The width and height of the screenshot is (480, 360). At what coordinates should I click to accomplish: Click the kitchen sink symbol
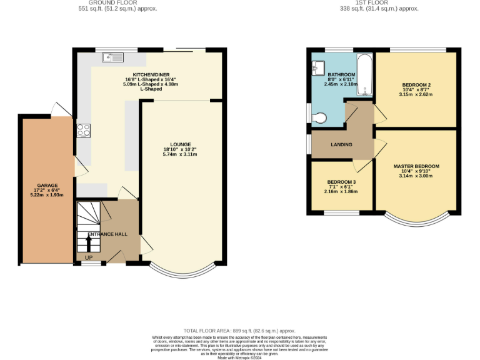[x=114, y=58]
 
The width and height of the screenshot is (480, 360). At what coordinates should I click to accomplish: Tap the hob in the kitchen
[x=83, y=131]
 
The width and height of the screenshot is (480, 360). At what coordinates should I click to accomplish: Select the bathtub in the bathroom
[x=364, y=74]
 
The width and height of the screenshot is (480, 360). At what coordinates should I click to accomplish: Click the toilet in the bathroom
[x=319, y=116]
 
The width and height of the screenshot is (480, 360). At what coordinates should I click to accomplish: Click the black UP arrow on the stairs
[x=87, y=242]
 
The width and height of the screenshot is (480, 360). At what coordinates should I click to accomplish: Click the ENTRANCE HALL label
[x=107, y=234]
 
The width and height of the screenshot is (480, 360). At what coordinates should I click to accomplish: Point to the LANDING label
[x=341, y=145]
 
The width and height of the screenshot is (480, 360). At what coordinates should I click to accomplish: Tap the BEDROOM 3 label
[x=341, y=182]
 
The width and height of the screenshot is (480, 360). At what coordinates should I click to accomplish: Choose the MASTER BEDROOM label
[x=416, y=166]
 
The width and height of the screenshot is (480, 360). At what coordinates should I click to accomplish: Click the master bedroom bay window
[x=416, y=219]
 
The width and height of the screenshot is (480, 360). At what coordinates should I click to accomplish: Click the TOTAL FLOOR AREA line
[x=239, y=330]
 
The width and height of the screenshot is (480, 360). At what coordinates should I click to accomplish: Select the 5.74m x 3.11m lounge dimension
[x=180, y=154]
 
